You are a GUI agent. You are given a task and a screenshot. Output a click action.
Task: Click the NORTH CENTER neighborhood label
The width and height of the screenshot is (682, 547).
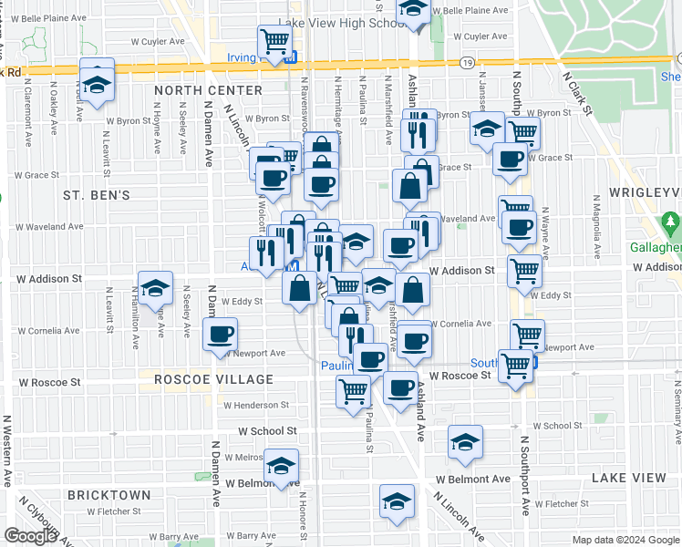[x=209, y=90]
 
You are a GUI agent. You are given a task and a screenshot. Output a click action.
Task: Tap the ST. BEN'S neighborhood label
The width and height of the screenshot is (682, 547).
[x=97, y=195]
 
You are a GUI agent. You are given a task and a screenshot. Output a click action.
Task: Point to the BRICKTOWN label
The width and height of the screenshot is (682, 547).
[x=108, y=494]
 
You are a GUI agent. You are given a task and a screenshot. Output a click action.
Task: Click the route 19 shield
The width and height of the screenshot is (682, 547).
[x=466, y=62]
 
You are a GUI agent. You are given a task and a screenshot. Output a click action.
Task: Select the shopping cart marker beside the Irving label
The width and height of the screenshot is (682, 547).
[x=274, y=40]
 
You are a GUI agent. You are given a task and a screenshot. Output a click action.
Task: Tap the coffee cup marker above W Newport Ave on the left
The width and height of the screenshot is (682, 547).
[x=220, y=334]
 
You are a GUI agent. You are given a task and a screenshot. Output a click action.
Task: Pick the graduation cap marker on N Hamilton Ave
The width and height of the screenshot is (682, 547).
[x=155, y=288]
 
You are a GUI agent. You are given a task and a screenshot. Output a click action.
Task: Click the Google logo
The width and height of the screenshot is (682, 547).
[x=30, y=536]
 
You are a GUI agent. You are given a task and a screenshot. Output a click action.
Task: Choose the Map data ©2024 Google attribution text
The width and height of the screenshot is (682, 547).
[x=625, y=540]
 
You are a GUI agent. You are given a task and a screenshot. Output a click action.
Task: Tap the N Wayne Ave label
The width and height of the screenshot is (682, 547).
[x=545, y=233]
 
